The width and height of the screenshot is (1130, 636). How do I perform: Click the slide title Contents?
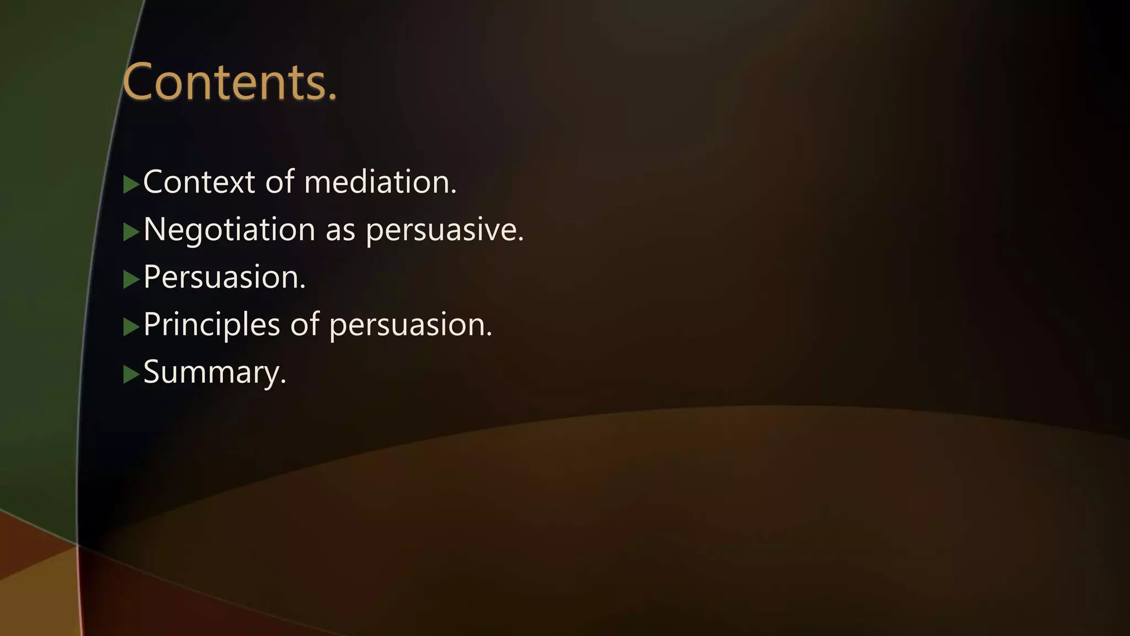point(229,82)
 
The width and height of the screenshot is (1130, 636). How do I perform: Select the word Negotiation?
point(229,230)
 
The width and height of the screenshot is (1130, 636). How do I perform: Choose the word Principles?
point(211,325)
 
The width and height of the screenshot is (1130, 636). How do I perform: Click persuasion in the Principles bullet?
point(410,325)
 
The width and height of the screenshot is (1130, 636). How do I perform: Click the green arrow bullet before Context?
point(131,184)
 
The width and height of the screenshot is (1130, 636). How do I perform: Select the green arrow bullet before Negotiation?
point(131,232)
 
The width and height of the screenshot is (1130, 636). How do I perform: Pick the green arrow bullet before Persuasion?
point(131,279)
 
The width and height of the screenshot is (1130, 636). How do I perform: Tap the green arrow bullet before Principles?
point(131,327)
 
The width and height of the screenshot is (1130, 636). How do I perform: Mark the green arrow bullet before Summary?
point(131,374)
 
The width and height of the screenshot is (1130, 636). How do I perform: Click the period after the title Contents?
point(332,98)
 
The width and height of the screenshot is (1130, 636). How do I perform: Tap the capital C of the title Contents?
point(138,82)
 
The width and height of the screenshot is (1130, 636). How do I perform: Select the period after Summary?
point(283,382)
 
